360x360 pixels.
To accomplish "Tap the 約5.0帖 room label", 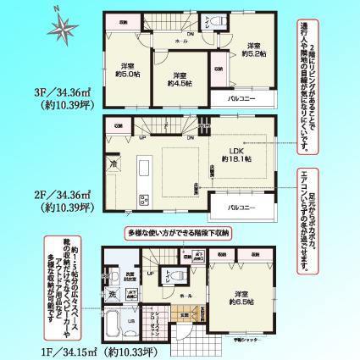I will [x=129, y=71].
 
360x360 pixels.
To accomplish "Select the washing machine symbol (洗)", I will [x=112, y=293].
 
